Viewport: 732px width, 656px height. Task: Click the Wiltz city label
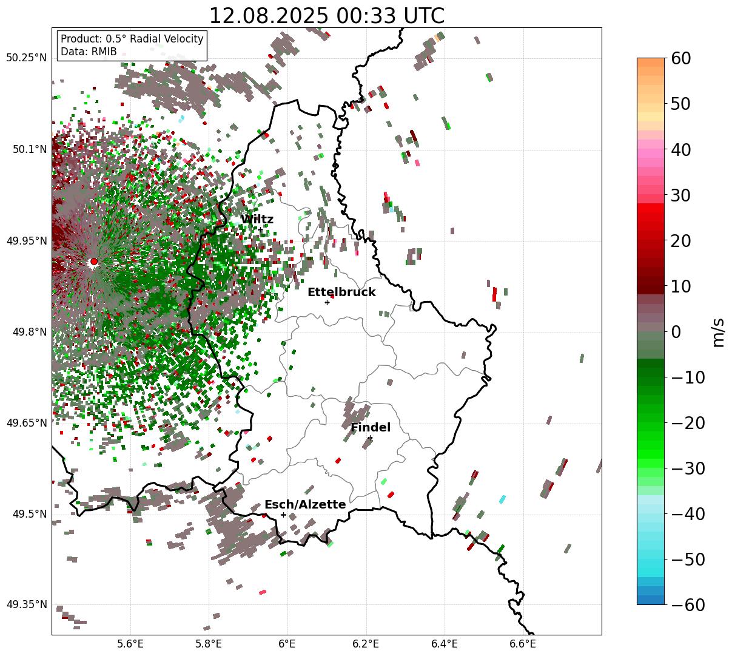(257, 220)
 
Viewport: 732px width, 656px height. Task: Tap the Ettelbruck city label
(341, 292)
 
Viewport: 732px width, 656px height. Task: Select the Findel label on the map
(371, 428)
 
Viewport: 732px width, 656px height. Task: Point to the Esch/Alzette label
(305, 505)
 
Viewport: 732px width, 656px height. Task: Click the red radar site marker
(93, 262)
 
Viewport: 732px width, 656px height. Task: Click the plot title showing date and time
(326, 16)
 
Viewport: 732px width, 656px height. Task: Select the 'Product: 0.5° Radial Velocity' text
(132, 39)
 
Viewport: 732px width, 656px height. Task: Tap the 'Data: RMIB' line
(89, 52)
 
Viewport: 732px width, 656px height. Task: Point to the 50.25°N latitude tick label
(26, 58)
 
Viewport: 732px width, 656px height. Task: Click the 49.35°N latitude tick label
(26, 604)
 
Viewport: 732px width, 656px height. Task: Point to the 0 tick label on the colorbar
(676, 332)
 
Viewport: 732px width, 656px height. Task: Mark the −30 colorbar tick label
(688, 468)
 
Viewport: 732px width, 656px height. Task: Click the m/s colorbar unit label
(718, 331)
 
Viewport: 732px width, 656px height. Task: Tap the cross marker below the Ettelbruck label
(327, 302)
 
